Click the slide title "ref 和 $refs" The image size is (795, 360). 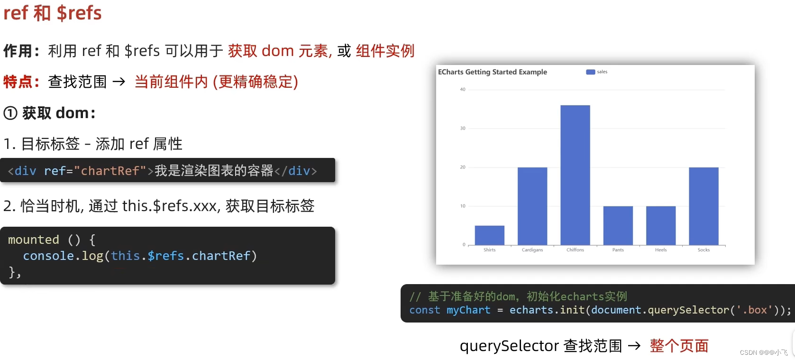[x=53, y=13]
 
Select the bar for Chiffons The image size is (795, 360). [x=575, y=175]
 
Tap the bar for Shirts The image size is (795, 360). [x=489, y=235]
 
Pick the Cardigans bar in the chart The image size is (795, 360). [x=532, y=206]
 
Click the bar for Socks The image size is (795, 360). [x=704, y=206]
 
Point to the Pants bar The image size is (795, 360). [x=618, y=225]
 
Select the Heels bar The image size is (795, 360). [x=661, y=225]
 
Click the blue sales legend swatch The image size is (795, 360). [x=590, y=72]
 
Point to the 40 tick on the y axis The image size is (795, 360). [x=463, y=90]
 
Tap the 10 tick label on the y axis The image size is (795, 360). [x=463, y=206]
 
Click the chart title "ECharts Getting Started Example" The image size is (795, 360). [x=492, y=72]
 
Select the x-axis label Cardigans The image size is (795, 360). [x=532, y=250]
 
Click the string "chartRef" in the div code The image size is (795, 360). [x=110, y=171]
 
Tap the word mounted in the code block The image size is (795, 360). [x=33, y=240]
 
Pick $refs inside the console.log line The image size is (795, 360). [x=166, y=256]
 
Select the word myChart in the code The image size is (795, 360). [x=468, y=310]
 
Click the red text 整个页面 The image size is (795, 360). [x=679, y=346]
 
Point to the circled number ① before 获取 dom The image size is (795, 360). [x=10, y=113]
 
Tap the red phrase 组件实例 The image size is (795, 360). [x=385, y=51]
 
